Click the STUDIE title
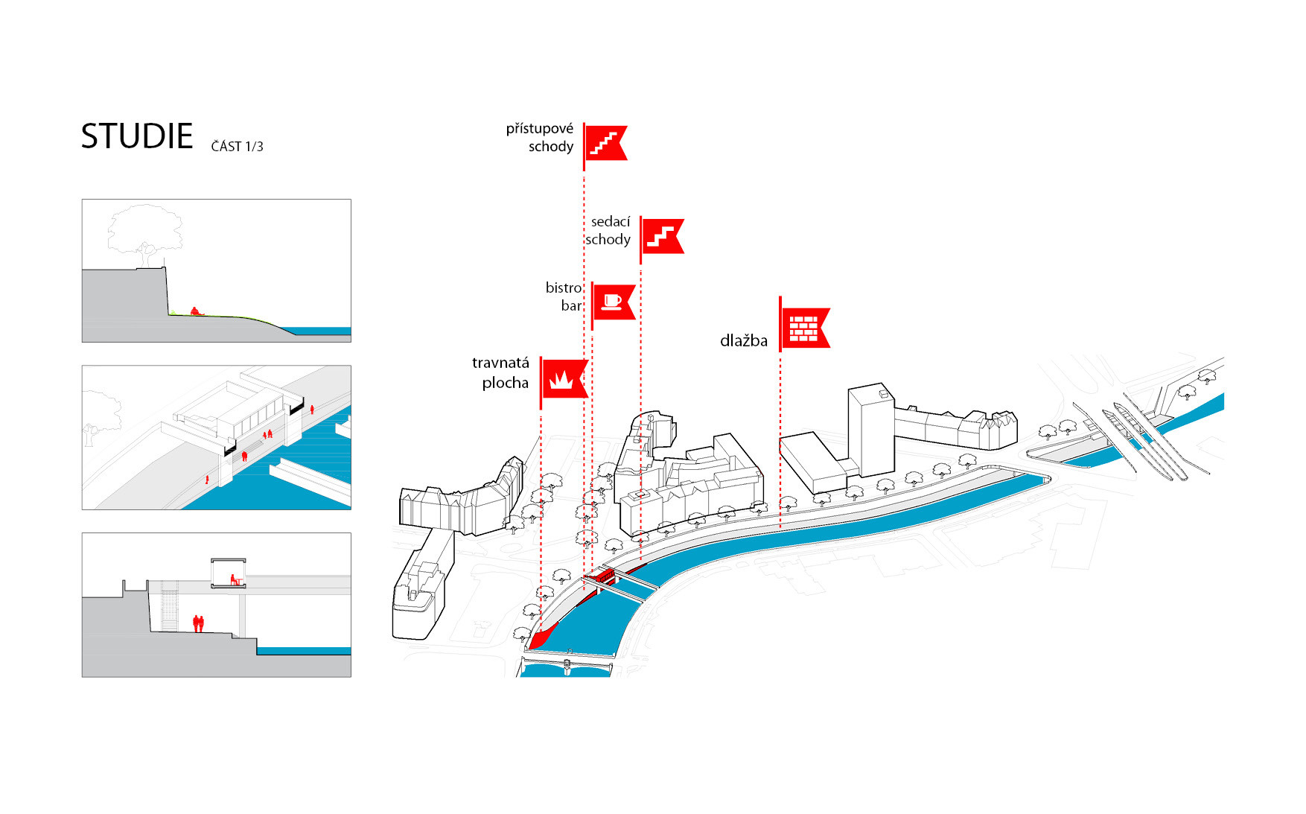click(x=137, y=136)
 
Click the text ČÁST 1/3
click(x=237, y=147)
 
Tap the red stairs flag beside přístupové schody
click(x=605, y=142)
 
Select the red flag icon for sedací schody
click(x=661, y=236)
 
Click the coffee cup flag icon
click(x=613, y=302)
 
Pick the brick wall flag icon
click(x=803, y=328)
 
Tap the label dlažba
click(x=743, y=341)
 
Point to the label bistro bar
click(x=564, y=296)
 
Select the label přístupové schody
click(x=541, y=138)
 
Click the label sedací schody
click(x=608, y=230)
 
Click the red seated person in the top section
click(x=196, y=311)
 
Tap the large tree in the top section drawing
click(x=146, y=232)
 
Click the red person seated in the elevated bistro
click(x=234, y=579)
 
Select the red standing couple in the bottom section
click(x=198, y=623)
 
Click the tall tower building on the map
click(x=872, y=430)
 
